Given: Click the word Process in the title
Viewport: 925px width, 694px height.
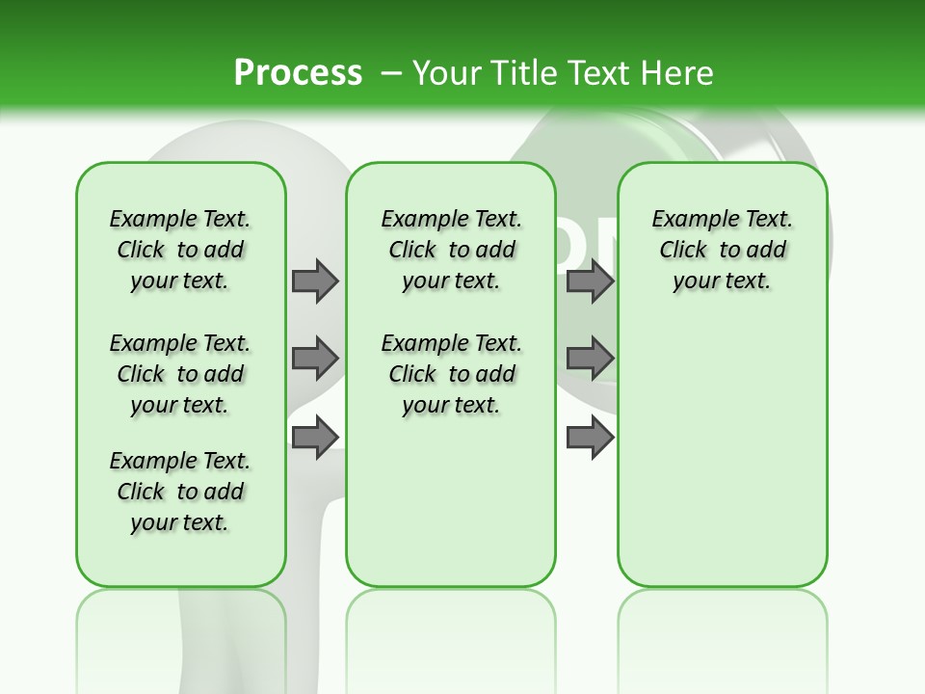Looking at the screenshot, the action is [298, 72].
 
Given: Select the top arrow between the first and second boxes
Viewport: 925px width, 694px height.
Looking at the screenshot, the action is [315, 280].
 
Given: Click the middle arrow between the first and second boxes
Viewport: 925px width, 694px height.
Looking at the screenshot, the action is [315, 359].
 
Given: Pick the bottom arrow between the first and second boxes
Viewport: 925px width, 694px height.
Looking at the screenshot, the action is [315, 437].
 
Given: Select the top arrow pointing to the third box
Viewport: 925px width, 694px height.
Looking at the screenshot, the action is [590, 280].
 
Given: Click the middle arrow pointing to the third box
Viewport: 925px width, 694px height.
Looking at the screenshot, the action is [590, 359].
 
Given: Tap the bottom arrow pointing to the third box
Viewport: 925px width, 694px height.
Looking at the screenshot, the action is [590, 437].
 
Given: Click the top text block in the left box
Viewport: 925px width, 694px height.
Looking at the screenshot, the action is [180, 250].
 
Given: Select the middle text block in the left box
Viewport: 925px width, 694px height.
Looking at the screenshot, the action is [180, 374].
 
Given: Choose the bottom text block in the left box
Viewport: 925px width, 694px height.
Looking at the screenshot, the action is [180, 492].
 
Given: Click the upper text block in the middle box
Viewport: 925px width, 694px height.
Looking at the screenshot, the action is [451, 250].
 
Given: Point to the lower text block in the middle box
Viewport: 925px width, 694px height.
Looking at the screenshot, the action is [451, 374].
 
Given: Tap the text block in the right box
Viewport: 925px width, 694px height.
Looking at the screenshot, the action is [723, 250].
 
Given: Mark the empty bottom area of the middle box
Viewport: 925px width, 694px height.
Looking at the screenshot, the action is [451, 501].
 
